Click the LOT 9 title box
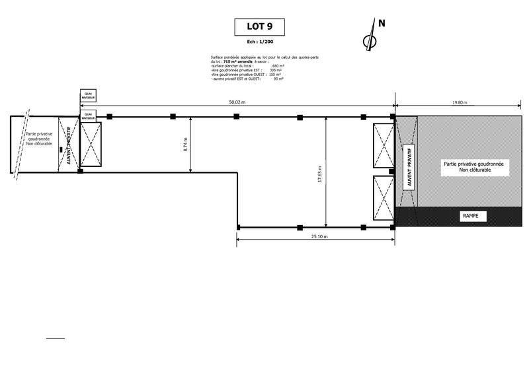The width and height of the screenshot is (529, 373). point(259,27)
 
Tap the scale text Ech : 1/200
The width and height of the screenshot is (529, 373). point(260,42)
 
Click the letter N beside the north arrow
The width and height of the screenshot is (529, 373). point(382,23)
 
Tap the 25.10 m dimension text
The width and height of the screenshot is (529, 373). point(316,236)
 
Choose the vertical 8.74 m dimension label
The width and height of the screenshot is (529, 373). point(185,145)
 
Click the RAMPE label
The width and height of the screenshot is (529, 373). point(471,216)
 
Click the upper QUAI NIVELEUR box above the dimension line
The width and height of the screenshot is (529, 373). point(88,96)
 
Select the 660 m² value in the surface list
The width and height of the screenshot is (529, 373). point(276,66)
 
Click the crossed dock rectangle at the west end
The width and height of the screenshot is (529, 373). point(91,145)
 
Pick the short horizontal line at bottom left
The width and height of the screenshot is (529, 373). point(56,338)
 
